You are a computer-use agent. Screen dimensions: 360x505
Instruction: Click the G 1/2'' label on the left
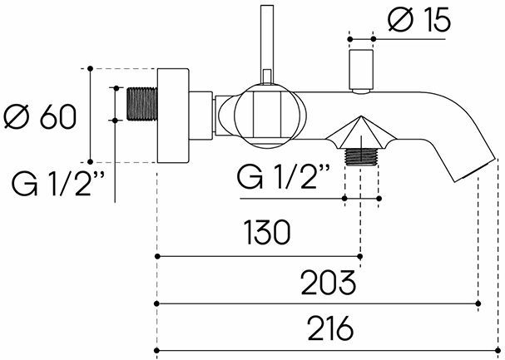(x=52, y=180)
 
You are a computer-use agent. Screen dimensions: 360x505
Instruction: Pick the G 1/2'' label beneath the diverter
(x=284, y=176)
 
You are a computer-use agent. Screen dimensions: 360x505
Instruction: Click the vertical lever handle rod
(x=268, y=42)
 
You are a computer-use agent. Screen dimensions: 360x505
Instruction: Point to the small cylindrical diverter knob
(x=361, y=70)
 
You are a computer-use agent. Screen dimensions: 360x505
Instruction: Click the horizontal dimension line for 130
(x=259, y=256)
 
